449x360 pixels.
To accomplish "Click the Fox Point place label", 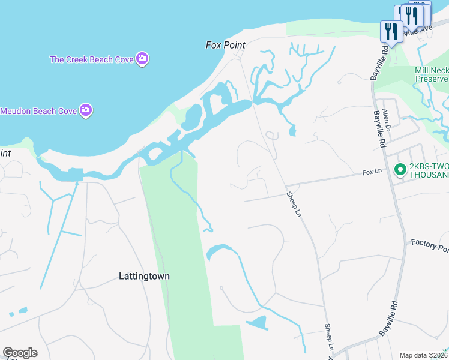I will click(x=226, y=45).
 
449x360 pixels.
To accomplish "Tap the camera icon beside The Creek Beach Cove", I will click(x=143, y=59).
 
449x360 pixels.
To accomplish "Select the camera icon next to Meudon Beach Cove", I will click(x=86, y=110).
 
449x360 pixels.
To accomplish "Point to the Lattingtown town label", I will click(x=144, y=277).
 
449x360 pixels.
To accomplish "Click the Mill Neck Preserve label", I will click(x=432, y=74).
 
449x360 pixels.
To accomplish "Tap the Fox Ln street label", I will click(x=372, y=172).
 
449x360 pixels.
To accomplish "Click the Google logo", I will click(x=20, y=353).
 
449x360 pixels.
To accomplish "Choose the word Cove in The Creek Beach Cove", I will click(x=124, y=59).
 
